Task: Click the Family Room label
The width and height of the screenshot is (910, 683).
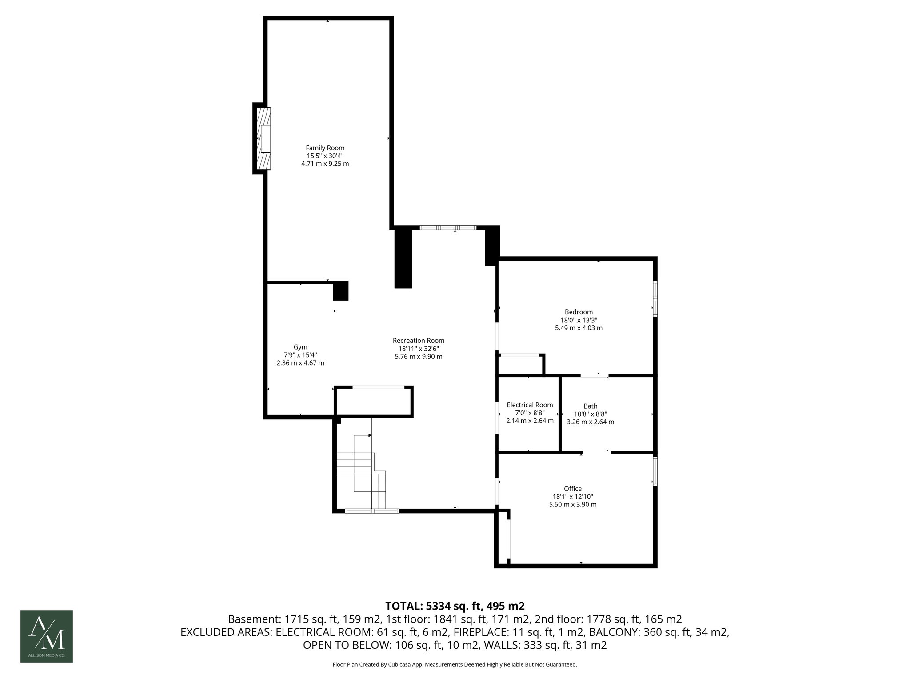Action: pyautogui.click(x=325, y=148)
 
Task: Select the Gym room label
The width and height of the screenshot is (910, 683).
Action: pyautogui.click(x=300, y=347)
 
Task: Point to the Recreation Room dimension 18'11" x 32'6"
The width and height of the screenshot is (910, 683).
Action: pyautogui.click(x=418, y=349)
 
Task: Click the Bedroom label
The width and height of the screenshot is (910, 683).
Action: pyautogui.click(x=579, y=312)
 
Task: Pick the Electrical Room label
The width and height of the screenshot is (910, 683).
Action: pyautogui.click(x=530, y=405)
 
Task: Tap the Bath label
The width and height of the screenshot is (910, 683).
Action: pyautogui.click(x=590, y=406)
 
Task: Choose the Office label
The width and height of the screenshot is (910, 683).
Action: pyautogui.click(x=573, y=489)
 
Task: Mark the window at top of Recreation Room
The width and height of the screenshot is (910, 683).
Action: pyautogui.click(x=448, y=228)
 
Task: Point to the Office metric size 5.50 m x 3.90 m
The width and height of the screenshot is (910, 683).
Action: pyautogui.click(x=573, y=505)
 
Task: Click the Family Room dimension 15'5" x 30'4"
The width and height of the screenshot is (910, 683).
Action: pyautogui.click(x=325, y=156)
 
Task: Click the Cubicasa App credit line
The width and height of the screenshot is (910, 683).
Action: pyautogui.click(x=455, y=665)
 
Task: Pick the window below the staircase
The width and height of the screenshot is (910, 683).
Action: pyautogui.click(x=372, y=511)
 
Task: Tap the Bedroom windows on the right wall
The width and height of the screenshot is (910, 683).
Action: pyautogui.click(x=655, y=299)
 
